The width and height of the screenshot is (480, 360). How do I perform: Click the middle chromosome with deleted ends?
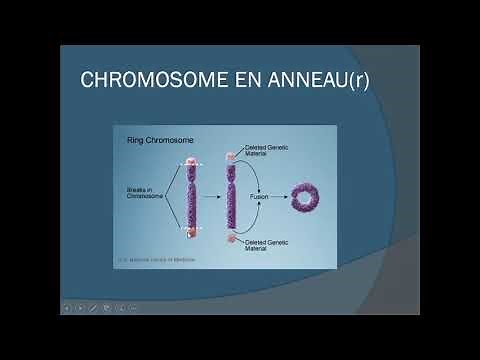coord(232,198)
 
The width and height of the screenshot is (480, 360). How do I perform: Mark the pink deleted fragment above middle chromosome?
coord(231,153)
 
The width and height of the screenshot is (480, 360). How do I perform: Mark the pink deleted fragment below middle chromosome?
coord(231,241)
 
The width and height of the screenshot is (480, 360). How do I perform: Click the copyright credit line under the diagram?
coord(157,259)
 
